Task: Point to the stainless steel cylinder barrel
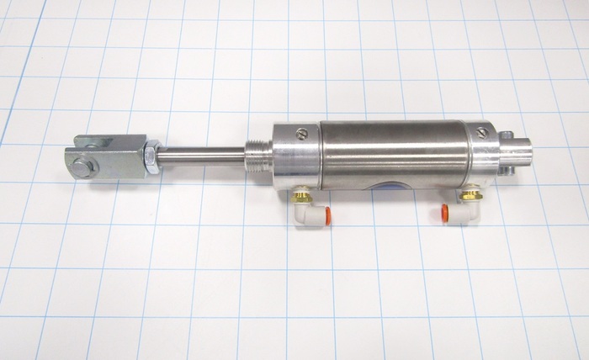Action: coord(391,151)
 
